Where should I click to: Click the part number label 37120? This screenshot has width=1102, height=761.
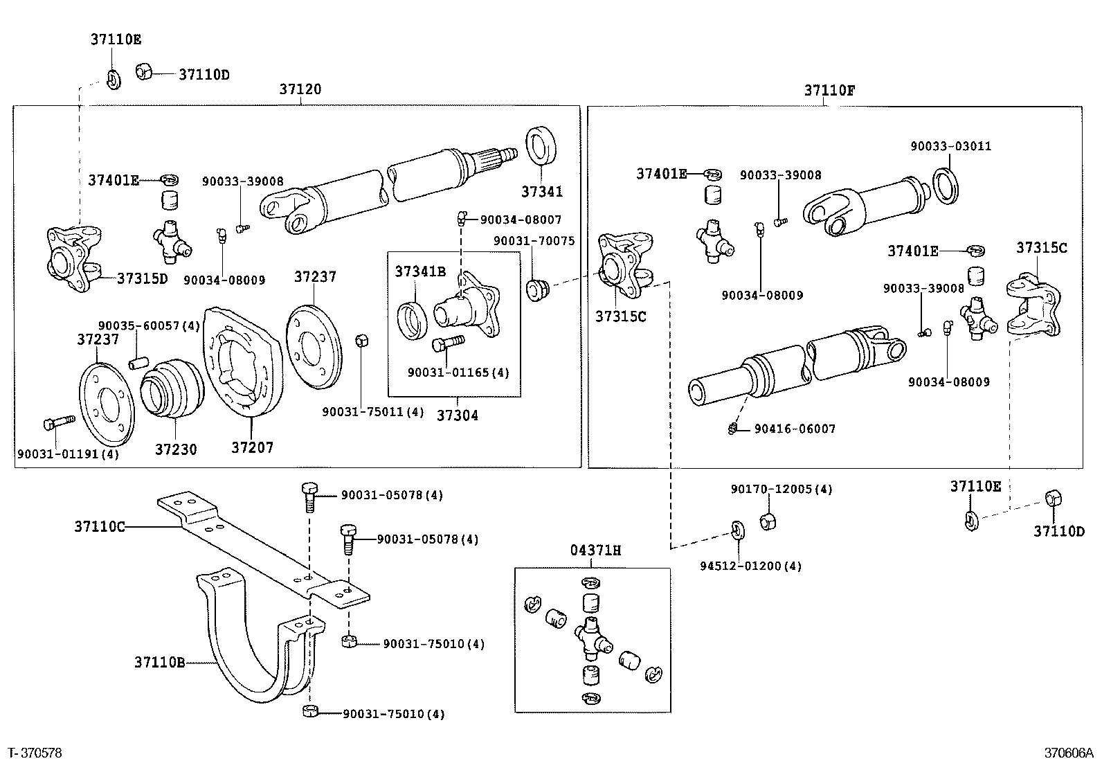click(300, 90)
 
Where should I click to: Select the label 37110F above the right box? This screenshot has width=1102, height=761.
click(829, 91)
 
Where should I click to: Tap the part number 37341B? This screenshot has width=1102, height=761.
click(420, 271)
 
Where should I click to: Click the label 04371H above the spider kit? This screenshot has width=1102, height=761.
click(595, 551)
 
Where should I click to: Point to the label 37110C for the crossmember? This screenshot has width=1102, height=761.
click(100, 527)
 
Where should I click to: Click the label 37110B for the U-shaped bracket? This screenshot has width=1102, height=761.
click(159, 663)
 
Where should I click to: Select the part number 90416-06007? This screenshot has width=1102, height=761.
click(795, 429)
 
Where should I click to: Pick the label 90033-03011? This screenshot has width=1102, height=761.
click(950, 146)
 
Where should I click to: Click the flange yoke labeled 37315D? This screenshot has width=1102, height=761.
click(71, 256)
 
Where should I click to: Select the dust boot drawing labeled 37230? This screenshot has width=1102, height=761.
click(171, 389)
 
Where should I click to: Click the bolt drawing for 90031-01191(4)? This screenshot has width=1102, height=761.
click(58, 422)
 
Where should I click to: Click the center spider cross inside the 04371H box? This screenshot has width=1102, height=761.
click(593, 636)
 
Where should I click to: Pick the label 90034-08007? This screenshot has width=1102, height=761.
click(521, 220)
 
